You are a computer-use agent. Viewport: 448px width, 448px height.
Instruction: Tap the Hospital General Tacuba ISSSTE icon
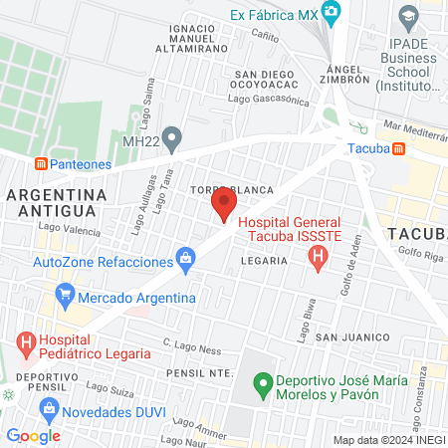pyautogui.click(x=318, y=259)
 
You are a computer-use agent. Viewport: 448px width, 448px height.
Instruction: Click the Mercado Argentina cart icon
pyautogui.click(x=66, y=296)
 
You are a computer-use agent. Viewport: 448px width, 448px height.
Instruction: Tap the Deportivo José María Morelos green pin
pyautogui.click(x=263, y=382)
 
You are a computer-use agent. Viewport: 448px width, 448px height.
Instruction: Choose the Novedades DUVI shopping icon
pyautogui.click(x=48, y=408)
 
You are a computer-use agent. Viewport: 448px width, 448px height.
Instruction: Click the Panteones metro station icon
pyautogui.click(x=41, y=162)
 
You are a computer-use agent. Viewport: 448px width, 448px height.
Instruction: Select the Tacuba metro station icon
pyautogui.click(x=398, y=149)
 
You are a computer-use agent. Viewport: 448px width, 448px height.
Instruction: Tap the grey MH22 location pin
pyautogui.click(x=173, y=138)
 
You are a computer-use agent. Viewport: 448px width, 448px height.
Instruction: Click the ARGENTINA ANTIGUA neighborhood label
pyautogui.click(x=56, y=201)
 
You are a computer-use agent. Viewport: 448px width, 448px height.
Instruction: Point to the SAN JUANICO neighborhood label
pyautogui.click(x=350, y=338)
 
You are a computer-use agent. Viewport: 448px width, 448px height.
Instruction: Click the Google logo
pyautogui.click(x=33, y=436)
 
